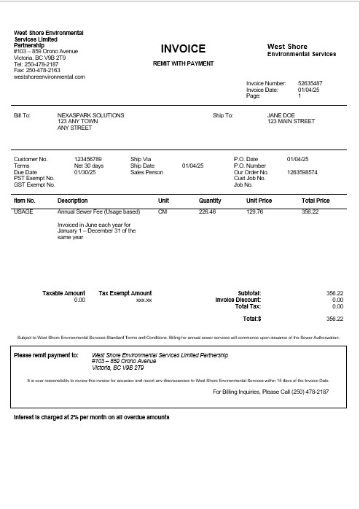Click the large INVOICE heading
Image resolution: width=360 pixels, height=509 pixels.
pos(183,49)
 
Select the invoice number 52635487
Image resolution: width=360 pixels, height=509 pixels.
pos(310,84)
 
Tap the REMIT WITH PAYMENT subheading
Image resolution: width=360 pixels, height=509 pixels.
pos(183,63)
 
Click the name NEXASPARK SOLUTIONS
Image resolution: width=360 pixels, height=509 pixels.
pos(90,115)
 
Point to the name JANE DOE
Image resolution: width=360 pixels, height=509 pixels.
pos(280,115)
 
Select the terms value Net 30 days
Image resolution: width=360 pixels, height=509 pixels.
pos(89,166)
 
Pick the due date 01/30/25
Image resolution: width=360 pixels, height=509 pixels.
pos(85,172)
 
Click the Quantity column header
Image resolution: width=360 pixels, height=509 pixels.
pos(210,201)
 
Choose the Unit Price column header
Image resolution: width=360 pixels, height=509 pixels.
pos(259,201)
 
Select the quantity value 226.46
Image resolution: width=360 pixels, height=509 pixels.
pos(207,211)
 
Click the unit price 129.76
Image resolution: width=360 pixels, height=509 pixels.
pos(255,211)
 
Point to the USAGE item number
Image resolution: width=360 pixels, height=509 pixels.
pos(23,211)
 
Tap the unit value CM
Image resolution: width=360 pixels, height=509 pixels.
pos(163,211)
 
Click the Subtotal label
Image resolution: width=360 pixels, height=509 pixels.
pos(249,293)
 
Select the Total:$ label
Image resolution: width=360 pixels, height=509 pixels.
pos(251,319)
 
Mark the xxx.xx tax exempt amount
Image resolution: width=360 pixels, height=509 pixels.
pos(144,300)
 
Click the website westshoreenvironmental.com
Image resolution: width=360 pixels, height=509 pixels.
pos(50,77)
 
